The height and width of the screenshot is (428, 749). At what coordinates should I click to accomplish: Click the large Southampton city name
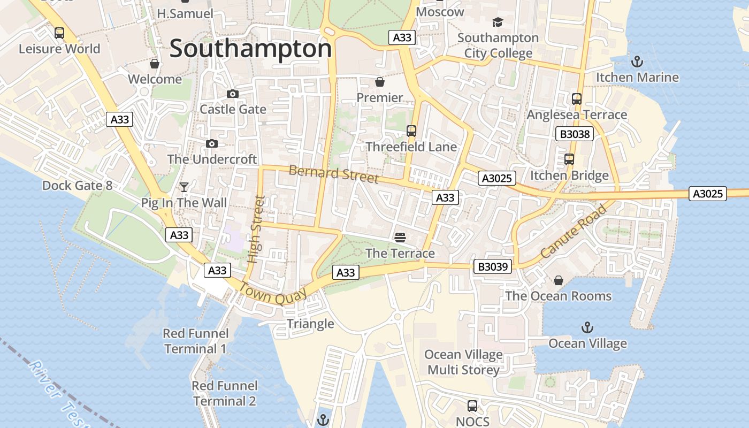coord(250,49)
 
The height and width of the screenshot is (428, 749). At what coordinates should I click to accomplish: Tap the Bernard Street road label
coord(333,174)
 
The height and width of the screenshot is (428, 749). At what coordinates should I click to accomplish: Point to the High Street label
coord(257,229)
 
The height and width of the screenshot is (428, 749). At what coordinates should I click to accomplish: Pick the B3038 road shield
coord(575,134)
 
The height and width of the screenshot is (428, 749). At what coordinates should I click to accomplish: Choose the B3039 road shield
coord(493,266)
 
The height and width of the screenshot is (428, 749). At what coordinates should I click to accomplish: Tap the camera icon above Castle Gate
coord(233,94)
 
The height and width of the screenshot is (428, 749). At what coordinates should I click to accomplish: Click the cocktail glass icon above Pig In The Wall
coord(184,187)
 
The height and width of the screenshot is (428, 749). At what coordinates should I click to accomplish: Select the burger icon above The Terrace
coord(400,237)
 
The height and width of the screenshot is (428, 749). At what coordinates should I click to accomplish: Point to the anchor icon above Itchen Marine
coord(637,62)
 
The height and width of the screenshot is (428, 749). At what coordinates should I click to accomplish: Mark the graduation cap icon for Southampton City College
coord(498,22)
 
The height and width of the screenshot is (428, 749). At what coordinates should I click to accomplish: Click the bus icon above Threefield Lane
coord(411,131)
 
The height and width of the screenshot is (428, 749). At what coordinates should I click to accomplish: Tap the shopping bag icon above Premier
coord(380,82)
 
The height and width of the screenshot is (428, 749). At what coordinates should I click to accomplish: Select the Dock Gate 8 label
coord(78,186)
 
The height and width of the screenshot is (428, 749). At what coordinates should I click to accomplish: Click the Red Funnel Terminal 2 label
coord(225,393)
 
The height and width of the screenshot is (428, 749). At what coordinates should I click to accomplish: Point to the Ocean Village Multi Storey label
coord(463,362)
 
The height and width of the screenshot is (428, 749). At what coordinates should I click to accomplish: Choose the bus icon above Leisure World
coord(59,33)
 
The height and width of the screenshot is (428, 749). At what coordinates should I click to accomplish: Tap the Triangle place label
coord(310,324)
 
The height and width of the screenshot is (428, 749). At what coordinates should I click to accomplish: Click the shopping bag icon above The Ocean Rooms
coord(559,280)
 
